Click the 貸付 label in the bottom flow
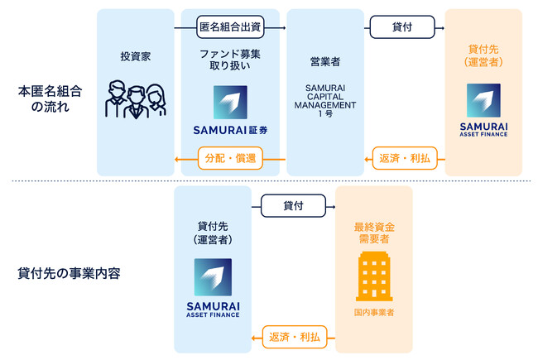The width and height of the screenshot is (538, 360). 292,205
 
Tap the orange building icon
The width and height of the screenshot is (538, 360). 373,277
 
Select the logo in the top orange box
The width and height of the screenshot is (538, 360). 483,100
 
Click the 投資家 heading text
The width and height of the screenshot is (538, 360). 134,58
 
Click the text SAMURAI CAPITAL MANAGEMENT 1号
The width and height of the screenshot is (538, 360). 325,99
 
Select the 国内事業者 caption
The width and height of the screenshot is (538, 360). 373,314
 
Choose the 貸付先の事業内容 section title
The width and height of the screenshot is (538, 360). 68,273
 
